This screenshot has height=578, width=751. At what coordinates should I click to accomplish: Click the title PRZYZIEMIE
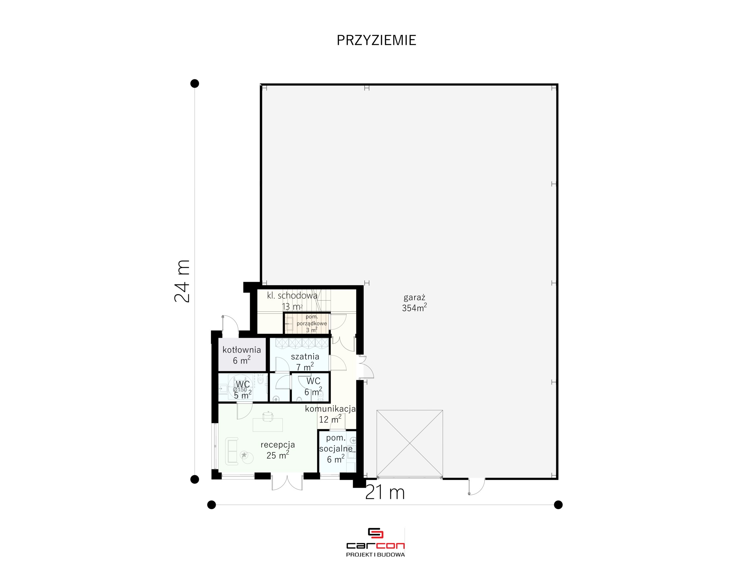(x=376, y=40)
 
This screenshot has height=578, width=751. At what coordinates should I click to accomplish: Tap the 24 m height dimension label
(x=182, y=281)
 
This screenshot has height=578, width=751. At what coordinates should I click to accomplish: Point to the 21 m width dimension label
(x=385, y=492)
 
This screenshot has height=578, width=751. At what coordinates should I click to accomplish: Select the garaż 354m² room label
(x=414, y=303)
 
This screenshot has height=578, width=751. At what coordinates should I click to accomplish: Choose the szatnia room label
(x=305, y=362)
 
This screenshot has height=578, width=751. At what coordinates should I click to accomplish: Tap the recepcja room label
(x=278, y=450)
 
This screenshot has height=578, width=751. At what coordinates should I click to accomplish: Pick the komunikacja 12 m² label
(x=330, y=414)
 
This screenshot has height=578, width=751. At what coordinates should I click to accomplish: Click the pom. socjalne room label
(x=336, y=449)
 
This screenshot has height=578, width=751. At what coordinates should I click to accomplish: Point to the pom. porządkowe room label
(x=312, y=323)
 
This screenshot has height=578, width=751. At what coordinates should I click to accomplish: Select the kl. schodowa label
(x=292, y=301)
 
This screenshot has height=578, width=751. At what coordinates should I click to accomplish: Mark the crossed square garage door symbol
(x=410, y=444)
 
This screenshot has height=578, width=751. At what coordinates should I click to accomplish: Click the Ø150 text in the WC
(x=240, y=390)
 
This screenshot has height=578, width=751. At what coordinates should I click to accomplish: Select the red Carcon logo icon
(x=375, y=533)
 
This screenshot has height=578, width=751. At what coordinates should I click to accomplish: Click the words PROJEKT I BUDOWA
(x=375, y=555)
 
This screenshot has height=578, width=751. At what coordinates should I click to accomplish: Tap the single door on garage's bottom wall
(x=476, y=486)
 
